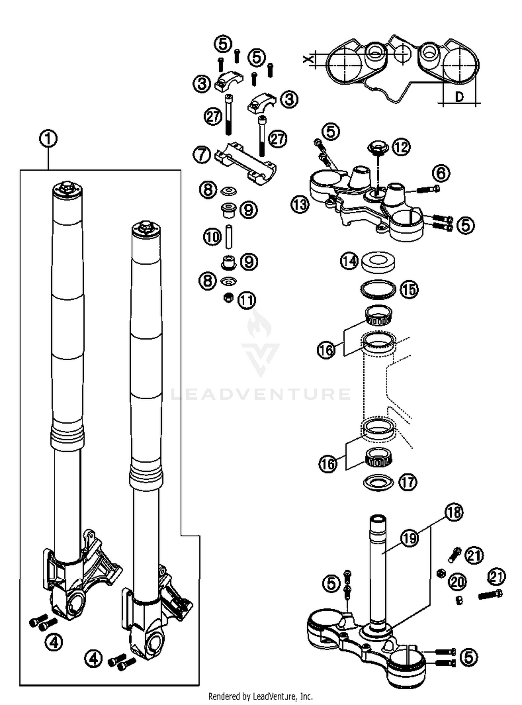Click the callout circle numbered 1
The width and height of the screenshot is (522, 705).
(x=48, y=139)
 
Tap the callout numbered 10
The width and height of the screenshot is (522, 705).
(x=212, y=237)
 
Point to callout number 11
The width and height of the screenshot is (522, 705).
(x=247, y=300)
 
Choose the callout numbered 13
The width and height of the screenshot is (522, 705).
(x=300, y=205)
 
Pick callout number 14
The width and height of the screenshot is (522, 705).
(x=349, y=261)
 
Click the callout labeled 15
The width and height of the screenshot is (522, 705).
(x=409, y=289)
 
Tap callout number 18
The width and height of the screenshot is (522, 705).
(x=454, y=512)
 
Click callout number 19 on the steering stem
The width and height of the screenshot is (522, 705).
(x=409, y=538)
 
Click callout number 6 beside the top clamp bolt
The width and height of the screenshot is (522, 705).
(x=441, y=173)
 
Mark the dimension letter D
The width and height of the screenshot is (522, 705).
(x=459, y=97)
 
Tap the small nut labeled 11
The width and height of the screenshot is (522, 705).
(x=228, y=298)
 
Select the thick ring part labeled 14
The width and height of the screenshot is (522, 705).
(x=378, y=263)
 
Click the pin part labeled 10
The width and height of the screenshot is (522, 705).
(x=229, y=237)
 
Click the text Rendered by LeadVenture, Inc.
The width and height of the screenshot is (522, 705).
(x=260, y=696)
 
